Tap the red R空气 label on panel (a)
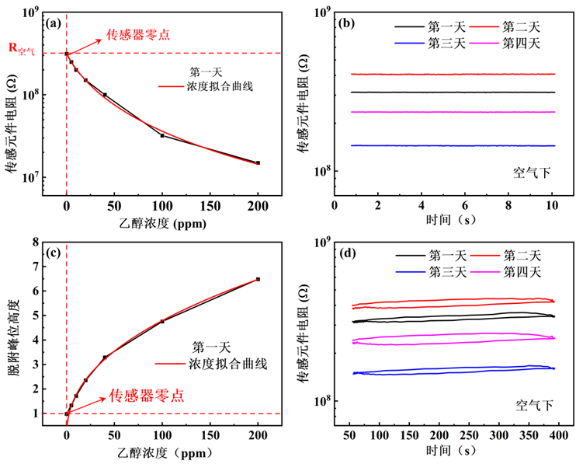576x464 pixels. [x=23, y=48]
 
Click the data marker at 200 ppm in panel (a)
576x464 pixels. [x=258, y=162]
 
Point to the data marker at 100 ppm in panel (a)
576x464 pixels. [x=162, y=135]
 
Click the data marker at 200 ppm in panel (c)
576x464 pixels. [x=258, y=279]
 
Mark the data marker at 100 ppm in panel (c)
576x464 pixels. [x=162, y=321]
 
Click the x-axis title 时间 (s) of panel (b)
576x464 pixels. [x=443, y=221]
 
